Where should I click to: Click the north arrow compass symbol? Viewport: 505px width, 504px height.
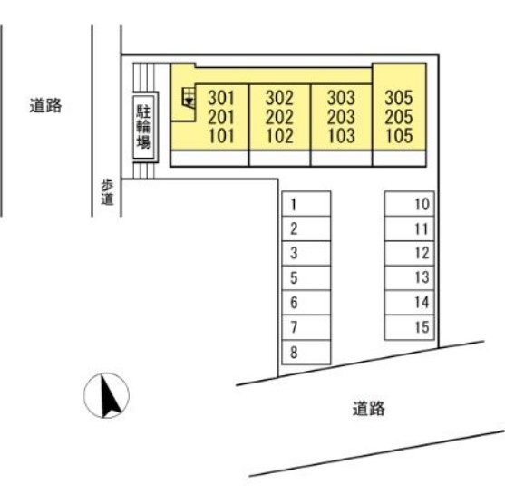pos(106,395)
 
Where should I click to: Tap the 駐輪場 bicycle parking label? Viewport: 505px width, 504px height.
pos(143,127)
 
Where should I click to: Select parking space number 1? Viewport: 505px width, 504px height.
pos(306,204)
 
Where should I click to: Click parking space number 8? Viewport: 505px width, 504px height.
pos(306,352)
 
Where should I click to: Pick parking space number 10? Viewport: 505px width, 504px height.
pos(409,204)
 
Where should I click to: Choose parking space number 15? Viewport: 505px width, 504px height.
pos(409,327)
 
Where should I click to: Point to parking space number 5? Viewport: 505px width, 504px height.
pos(306,278)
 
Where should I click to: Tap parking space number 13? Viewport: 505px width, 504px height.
pos(409,278)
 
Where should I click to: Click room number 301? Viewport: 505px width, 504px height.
pos(221,98)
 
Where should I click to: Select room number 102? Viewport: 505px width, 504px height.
pos(279,136)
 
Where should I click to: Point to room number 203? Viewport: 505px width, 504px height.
pos(341,117)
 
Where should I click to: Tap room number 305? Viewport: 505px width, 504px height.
pos(399,98)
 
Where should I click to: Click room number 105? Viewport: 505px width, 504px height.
pos(399,136)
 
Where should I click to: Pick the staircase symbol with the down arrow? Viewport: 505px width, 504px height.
pos(189,97)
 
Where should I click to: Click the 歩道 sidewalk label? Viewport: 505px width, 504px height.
pos(107,192)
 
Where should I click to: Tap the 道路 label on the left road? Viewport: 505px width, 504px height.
pos(45,106)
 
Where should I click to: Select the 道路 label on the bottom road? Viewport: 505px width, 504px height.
pos(369,409)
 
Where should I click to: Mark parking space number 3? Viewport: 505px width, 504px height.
pos(306,253)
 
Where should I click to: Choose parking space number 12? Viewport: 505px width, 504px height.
pos(409,253)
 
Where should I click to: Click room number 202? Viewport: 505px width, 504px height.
pos(279,117)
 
